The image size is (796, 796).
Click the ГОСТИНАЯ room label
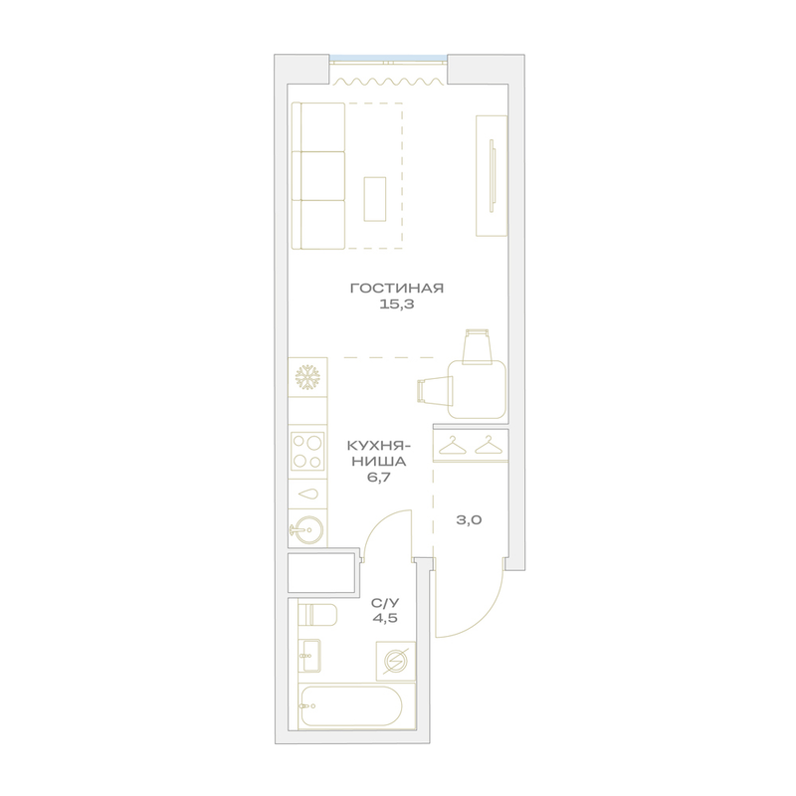pos(397,289)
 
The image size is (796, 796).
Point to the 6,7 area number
pos(378,478)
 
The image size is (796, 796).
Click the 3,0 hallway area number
pos(469,519)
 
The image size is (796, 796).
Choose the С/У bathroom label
pos(385,603)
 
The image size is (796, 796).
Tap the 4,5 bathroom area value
pos(385,618)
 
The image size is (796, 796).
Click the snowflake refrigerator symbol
pos(307,378)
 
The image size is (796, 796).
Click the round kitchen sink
pos(307,530)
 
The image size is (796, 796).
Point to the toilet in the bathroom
pos(317,615)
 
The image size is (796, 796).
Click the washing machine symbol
pos(395,661)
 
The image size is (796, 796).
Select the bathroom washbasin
pos(308,656)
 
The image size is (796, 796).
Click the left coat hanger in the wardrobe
pos(453,445)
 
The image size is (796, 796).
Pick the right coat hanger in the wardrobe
pos(489,445)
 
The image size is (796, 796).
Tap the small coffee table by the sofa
pos(375,199)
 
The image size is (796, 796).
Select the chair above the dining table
pos(479,346)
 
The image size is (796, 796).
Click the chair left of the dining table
pos(435,391)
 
